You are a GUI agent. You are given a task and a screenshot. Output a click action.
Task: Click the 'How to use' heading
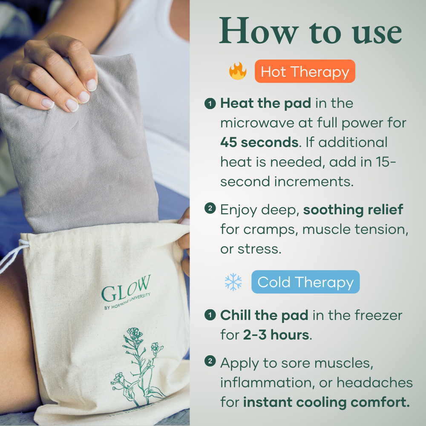tap(310, 32)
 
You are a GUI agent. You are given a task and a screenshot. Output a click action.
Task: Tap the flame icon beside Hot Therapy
tap(238, 71)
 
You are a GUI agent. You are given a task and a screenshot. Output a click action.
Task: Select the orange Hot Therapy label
tap(305, 71)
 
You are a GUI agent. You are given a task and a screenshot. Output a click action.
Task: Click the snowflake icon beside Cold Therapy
tap(233, 282)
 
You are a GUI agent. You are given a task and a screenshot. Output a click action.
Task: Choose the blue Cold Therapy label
tap(305, 282)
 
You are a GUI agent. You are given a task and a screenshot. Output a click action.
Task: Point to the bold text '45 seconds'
tap(259, 142)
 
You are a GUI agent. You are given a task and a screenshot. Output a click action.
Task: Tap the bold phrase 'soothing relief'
tap(353, 209)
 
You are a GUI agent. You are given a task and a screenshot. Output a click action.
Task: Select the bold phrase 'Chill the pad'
tap(264, 315)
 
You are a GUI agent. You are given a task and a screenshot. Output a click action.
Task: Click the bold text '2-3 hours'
tap(276, 335)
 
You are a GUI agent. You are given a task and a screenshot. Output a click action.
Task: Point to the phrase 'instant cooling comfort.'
tap(327, 402)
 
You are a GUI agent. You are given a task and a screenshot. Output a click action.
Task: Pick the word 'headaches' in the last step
tap(375, 382)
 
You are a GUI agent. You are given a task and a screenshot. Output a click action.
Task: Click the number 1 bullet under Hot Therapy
tap(210, 104)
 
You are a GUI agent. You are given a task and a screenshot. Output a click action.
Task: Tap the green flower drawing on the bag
tap(138, 366)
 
